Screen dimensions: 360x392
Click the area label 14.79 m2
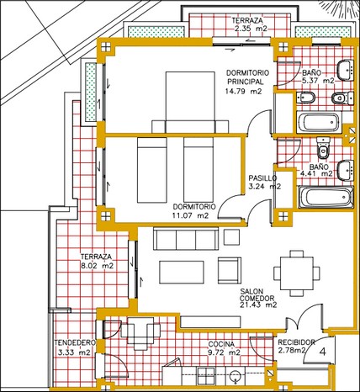click(x=243, y=91)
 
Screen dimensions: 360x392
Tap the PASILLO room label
click(x=262, y=178)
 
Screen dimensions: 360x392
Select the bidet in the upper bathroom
click(x=306, y=98)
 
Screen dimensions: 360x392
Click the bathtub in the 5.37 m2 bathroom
click(x=318, y=122)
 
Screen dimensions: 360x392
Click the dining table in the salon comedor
click(x=297, y=273)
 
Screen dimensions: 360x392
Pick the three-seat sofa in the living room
click(x=186, y=239)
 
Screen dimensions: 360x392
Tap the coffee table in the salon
click(x=182, y=273)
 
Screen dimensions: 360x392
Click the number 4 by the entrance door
click(x=323, y=352)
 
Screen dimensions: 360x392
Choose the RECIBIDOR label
click(x=296, y=342)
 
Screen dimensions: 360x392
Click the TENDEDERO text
click(x=75, y=342)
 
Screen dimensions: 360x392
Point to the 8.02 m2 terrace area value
click(x=98, y=266)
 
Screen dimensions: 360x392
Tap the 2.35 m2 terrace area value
click(x=250, y=29)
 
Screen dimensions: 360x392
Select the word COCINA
click(x=221, y=344)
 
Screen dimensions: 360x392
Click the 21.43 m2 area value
click(x=258, y=305)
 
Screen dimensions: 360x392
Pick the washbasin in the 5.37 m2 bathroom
click(x=345, y=71)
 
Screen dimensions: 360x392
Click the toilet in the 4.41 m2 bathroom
click(x=324, y=148)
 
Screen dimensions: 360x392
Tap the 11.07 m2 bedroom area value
click(x=191, y=215)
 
